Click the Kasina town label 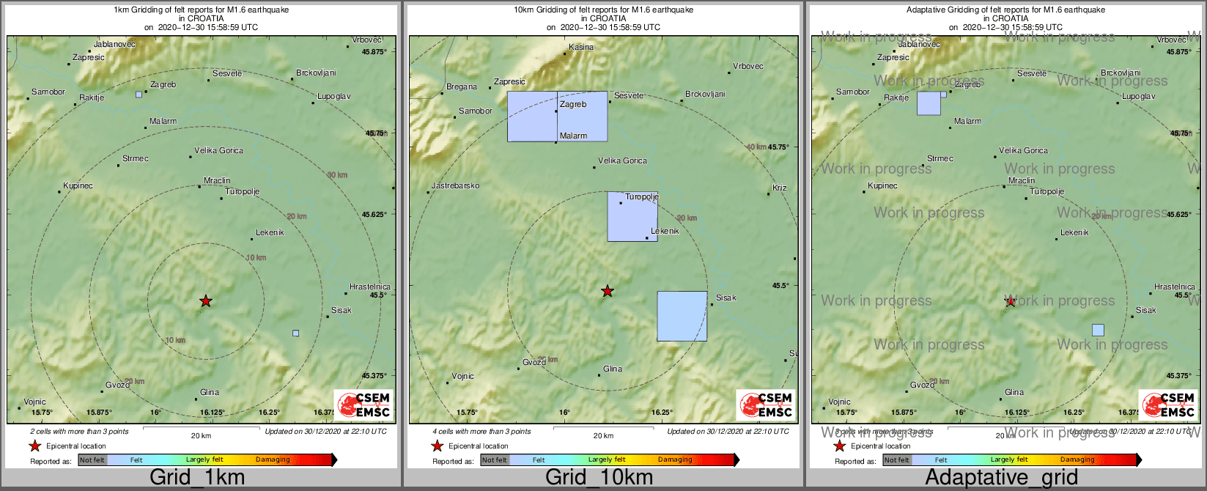point(581,47)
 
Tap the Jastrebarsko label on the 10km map point(455,185)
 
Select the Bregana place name point(462,86)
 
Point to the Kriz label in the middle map point(780,188)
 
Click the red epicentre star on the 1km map point(206,301)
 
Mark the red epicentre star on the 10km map point(608,291)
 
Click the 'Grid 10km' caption point(599,478)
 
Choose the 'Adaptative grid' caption point(1001,478)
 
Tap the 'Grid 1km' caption point(197,478)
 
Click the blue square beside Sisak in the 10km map point(682,316)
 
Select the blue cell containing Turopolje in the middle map point(632,216)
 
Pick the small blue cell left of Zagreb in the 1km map point(139,95)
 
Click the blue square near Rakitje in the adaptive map point(929,103)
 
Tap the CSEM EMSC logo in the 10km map point(766,405)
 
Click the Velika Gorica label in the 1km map point(219,150)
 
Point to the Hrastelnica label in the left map point(370,287)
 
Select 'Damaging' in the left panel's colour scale point(273,460)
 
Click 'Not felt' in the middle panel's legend point(495,460)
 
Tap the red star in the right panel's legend point(839,446)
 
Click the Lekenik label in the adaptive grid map point(1074,232)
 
